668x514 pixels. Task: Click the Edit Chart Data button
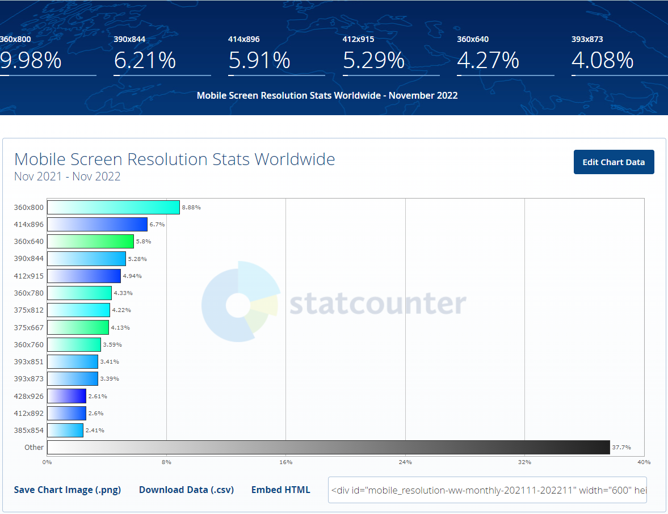click(x=614, y=162)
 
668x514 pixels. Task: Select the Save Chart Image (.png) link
click(x=68, y=490)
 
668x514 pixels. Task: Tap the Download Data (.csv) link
click(x=186, y=490)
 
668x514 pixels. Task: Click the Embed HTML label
click(x=280, y=490)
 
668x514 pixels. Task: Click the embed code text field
click(x=487, y=490)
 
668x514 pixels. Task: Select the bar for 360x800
click(x=113, y=207)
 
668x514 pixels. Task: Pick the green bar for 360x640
click(x=90, y=241)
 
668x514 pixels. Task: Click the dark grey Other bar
click(x=328, y=447)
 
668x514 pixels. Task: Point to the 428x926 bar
click(x=66, y=396)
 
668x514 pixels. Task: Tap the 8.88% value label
click(x=191, y=208)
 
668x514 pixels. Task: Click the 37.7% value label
click(x=621, y=448)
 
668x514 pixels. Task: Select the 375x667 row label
click(x=29, y=327)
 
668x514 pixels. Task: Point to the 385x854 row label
click(x=29, y=430)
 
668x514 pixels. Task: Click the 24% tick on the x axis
click(x=405, y=462)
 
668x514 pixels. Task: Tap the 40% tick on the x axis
click(x=644, y=462)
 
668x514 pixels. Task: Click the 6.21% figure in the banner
click(x=145, y=60)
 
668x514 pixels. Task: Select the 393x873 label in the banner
click(x=587, y=39)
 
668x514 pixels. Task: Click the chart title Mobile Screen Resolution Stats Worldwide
click(x=174, y=159)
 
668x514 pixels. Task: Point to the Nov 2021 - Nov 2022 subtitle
click(x=67, y=176)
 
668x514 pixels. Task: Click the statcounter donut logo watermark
click(x=240, y=302)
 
